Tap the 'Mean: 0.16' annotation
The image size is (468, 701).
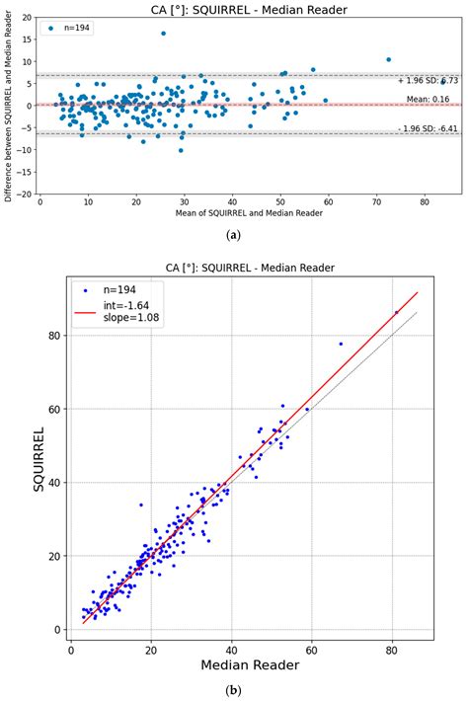coord(429,99)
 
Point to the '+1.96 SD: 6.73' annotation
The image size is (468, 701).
coord(426,81)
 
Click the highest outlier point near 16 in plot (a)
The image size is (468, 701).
coord(163,34)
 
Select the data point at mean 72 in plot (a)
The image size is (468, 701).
coord(388,59)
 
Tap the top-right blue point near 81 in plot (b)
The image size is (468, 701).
coord(397,312)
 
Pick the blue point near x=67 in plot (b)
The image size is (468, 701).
coord(341,344)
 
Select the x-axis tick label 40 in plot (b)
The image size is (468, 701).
coord(232,649)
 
